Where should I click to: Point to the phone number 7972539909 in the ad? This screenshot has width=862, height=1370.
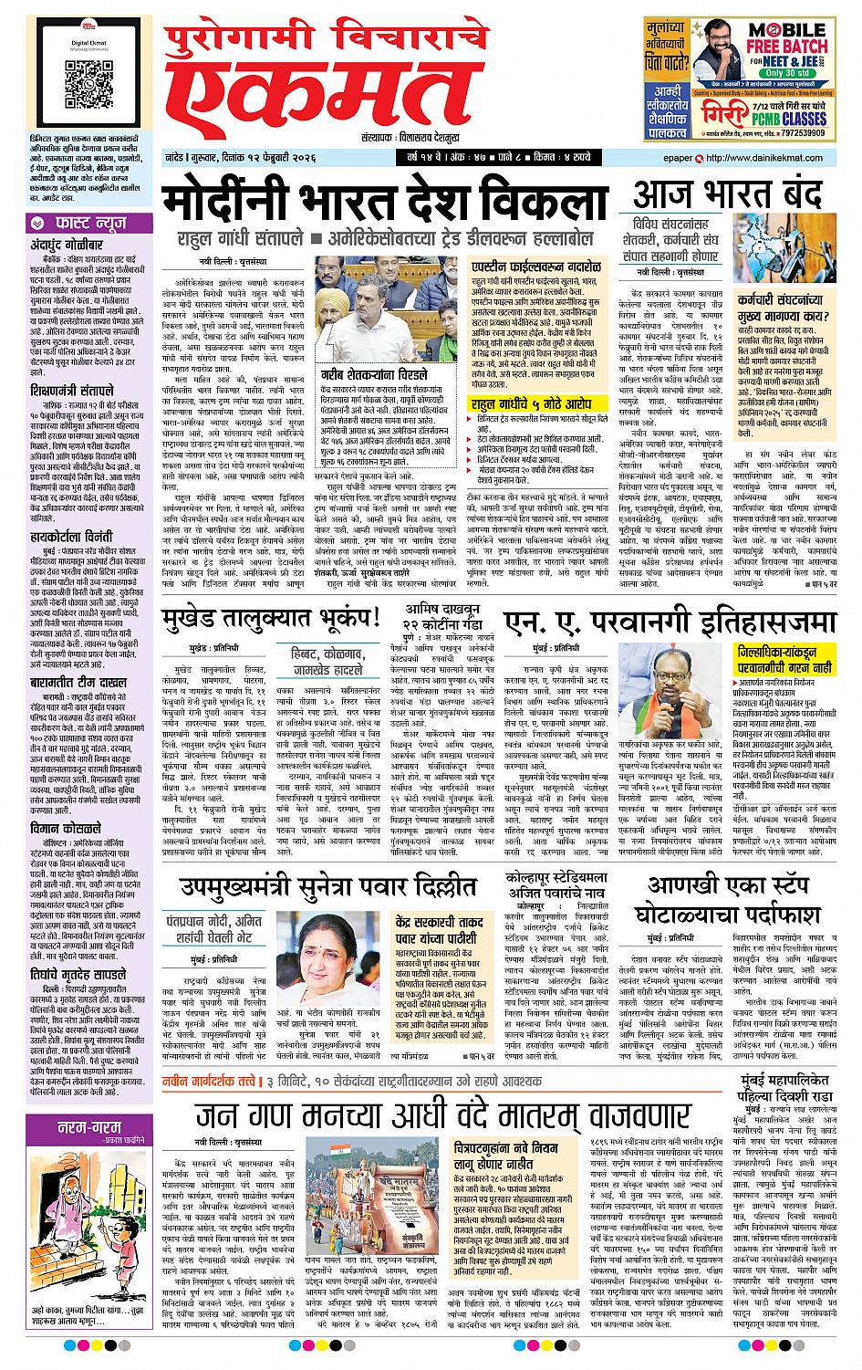808,134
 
